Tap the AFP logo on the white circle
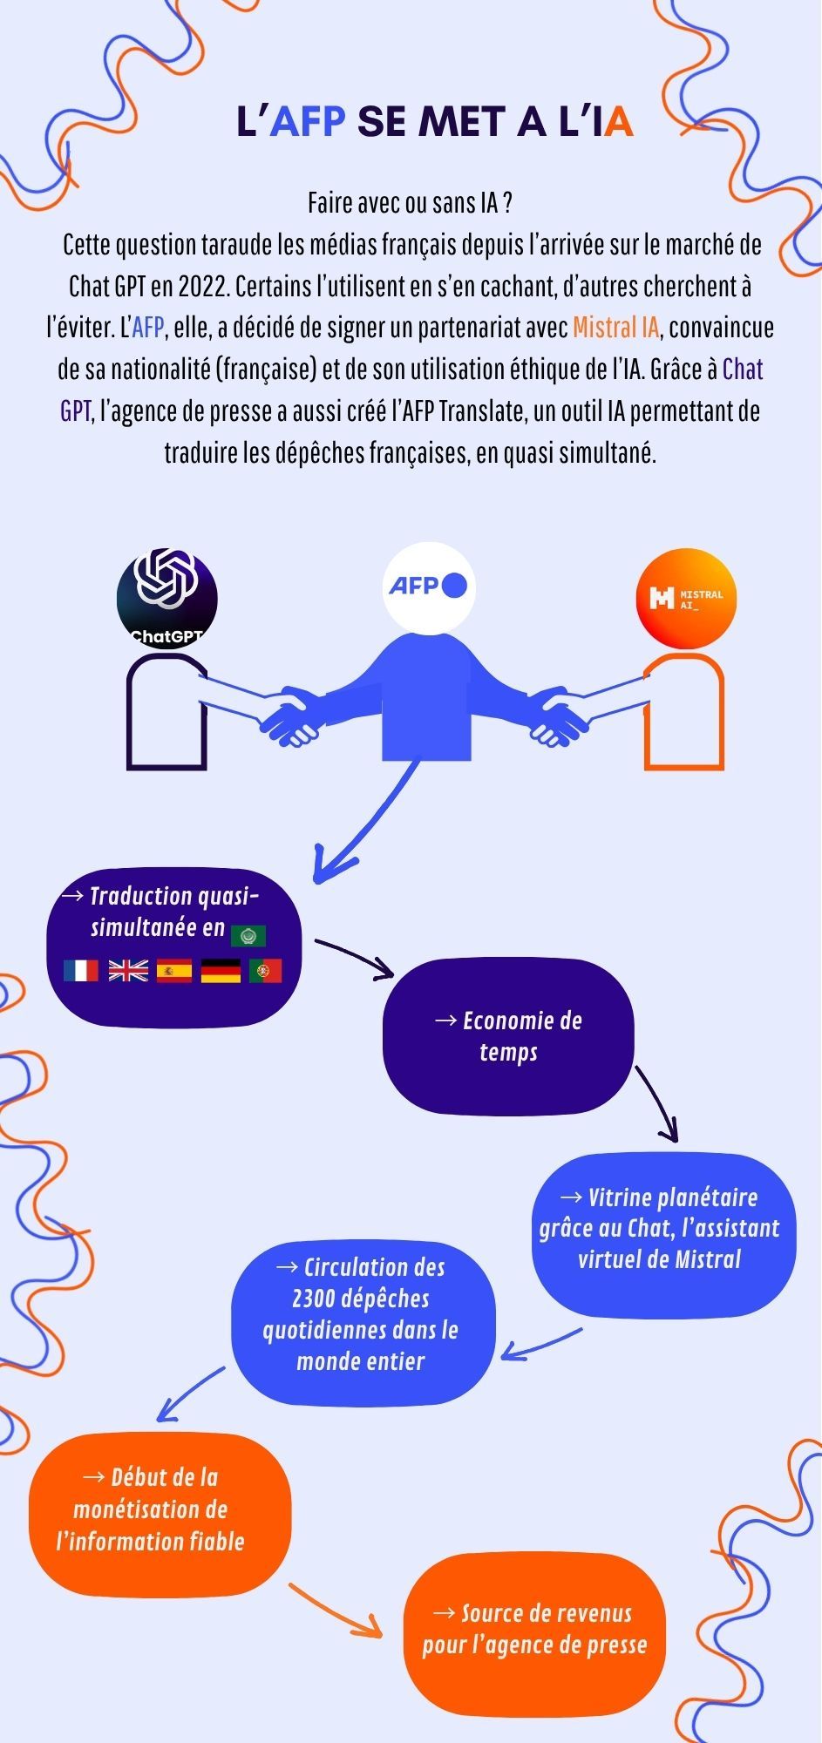[427, 586]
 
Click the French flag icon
[81, 971]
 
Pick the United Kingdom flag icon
[128, 971]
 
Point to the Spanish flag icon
[174, 971]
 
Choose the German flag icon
[221, 971]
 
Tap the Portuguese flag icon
[266, 971]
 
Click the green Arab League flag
[248, 936]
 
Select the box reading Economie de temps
[508, 1036]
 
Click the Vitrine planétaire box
[663, 1228]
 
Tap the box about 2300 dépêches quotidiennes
[363, 1314]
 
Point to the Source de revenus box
[534, 1629]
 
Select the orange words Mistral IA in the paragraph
[615, 328]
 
